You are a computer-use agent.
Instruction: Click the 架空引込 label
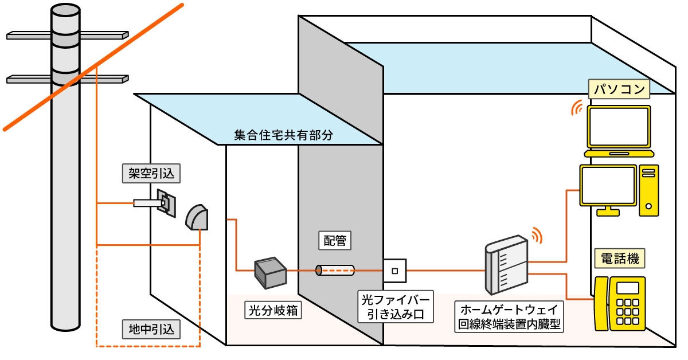149,173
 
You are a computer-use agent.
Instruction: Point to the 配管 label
335,241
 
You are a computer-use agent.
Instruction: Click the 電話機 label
619,258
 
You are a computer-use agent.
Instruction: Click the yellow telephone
620,303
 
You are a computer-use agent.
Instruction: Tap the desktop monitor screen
608,185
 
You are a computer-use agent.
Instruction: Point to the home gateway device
506,266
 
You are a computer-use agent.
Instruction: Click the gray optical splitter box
271,272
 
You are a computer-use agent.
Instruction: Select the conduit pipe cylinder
335,270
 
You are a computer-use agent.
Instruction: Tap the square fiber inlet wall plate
395,271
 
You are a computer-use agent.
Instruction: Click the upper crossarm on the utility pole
68,35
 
